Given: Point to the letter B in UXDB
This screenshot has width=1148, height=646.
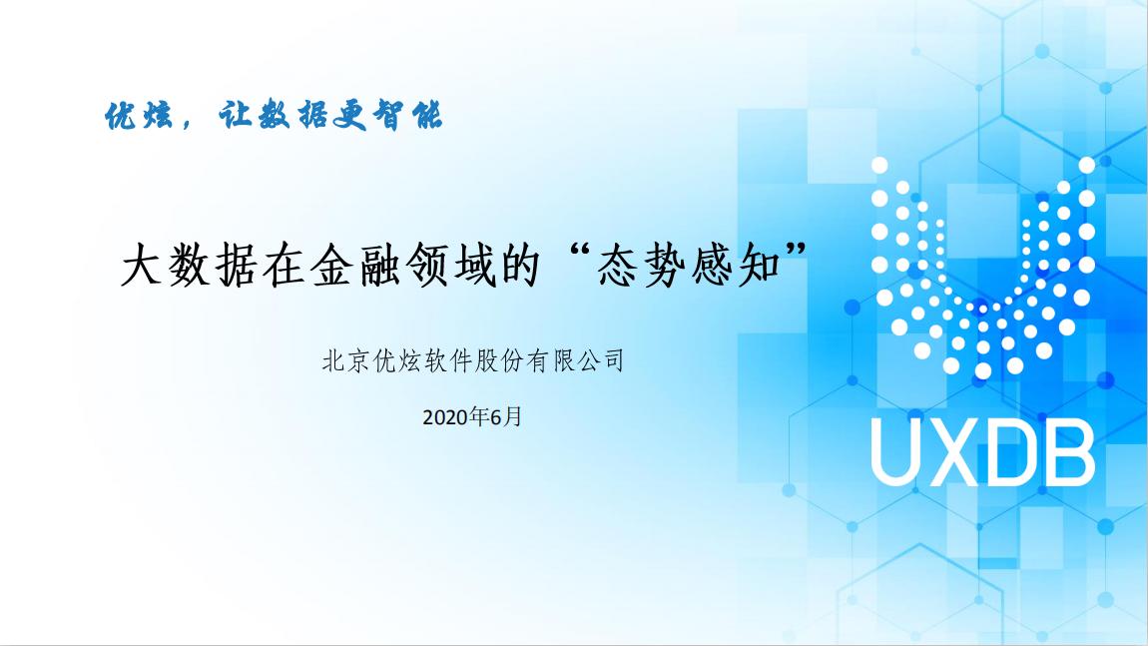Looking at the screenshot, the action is coord(1069,452).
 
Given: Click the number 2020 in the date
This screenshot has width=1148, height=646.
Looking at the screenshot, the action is coord(445,417).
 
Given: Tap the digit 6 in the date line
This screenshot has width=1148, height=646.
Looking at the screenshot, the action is coord(496,417).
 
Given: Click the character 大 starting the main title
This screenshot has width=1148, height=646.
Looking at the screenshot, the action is coord(142,265).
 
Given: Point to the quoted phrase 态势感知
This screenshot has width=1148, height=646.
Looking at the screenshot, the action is coord(689,265).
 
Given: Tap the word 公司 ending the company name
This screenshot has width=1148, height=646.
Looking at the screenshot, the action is coord(600,360).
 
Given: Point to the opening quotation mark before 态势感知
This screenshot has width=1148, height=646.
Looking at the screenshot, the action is coord(579,253).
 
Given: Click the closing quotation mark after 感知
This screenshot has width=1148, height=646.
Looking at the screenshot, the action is coord(795,253).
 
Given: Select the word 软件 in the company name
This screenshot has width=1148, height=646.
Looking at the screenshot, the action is coord(447,360).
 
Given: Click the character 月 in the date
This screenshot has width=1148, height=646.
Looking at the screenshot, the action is coord(513,417).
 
